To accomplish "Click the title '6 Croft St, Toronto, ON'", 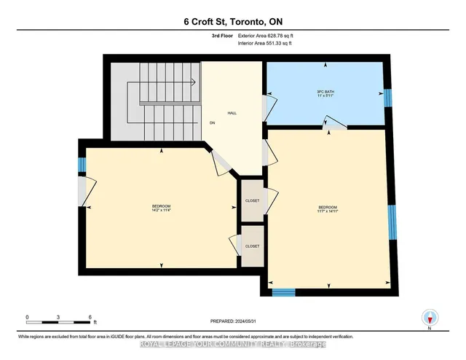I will click(x=233, y=22).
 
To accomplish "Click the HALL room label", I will click(x=232, y=113).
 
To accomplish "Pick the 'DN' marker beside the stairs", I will click(x=212, y=123).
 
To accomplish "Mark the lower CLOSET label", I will click(x=252, y=246).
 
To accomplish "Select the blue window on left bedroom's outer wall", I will click(x=82, y=165).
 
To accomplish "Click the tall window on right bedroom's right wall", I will click(x=392, y=222).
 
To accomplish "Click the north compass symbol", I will click(x=430, y=317).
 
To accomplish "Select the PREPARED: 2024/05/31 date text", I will click(x=234, y=321).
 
